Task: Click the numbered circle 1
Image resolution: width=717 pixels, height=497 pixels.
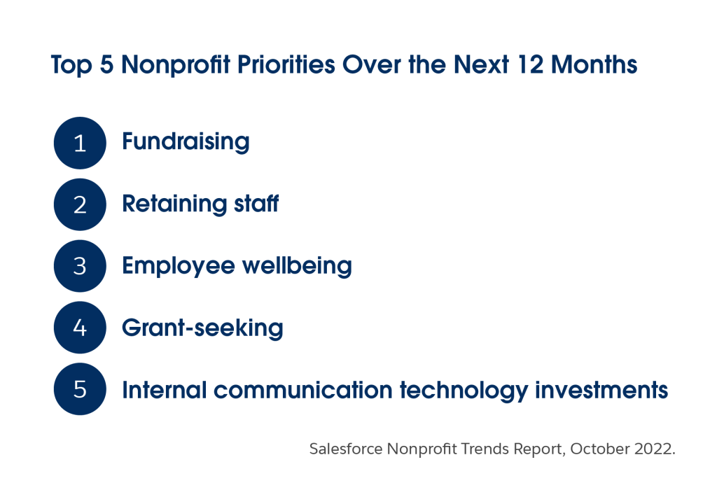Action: [x=80, y=143]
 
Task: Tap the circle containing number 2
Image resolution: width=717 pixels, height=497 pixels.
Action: [x=80, y=204]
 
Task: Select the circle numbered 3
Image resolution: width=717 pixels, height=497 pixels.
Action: [x=80, y=266]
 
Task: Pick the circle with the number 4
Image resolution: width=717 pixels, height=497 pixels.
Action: [x=80, y=328]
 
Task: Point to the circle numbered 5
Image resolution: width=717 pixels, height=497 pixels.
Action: [x=80, y=389]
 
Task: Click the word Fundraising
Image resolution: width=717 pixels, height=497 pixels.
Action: [x=186, y=142]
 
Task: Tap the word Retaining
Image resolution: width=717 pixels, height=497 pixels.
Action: [x=174, y=204]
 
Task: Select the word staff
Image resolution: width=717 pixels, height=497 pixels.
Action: [x=256, y=204]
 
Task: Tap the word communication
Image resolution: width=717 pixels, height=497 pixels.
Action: [x=302, y=390]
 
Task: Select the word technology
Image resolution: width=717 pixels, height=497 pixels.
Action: [x=464, y=391]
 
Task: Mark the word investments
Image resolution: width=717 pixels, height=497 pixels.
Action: [x=601, y=390]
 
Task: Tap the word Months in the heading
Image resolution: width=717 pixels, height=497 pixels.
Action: [x=594, y=64]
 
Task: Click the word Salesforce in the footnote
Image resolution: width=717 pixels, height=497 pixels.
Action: [x=346, y=449]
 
